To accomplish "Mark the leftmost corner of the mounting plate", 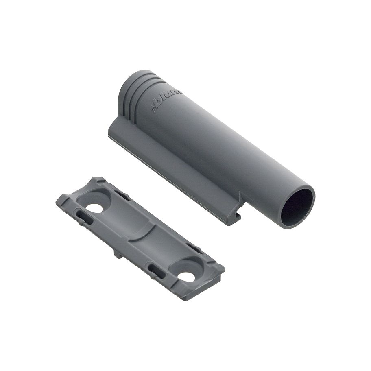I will [57, 200].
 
